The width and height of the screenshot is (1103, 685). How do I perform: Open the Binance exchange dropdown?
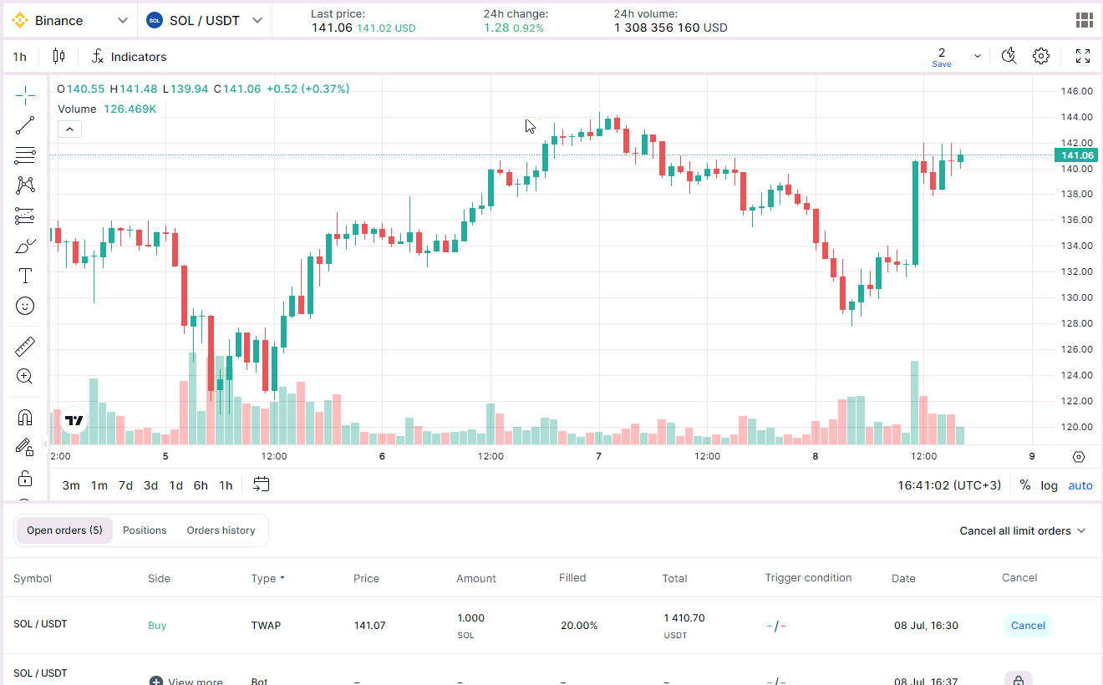tap(71, 20)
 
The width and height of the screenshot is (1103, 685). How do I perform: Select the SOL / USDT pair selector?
tap(204, 20)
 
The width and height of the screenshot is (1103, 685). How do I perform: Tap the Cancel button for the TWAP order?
tap(1028, 626)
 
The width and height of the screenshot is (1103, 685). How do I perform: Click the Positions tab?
tap(145, 530)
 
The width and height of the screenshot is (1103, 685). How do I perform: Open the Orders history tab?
tap(221, 530)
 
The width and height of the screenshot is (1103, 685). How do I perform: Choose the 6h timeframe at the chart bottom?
tap(201, 485)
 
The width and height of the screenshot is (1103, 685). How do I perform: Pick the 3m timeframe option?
tap(71, 485)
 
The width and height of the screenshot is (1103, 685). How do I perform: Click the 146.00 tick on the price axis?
tap(1076, 91)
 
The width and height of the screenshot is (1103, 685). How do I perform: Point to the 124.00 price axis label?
tap(1076, 375)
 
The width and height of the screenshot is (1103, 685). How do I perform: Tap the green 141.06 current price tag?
tap(1076, 155)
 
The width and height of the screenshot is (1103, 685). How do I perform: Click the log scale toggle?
tap(1049, 485)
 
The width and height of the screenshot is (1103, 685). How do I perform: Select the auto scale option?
tap(1080, 485)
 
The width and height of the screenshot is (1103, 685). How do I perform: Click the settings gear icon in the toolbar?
tap(1041, 56)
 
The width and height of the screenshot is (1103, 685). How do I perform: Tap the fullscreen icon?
tap(1083, 56)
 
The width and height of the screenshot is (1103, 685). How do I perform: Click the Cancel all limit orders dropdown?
tap(1022, 530)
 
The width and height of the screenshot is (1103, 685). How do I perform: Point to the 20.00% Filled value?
tap(579, 626)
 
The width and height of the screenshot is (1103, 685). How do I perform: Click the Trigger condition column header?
tap(808, 578)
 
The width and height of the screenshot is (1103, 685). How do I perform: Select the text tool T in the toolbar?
tap(25, 276)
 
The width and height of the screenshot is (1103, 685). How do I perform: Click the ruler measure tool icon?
tap(25, 347)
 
